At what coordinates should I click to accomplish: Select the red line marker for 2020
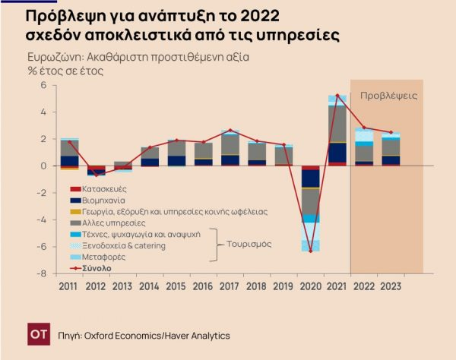pyautogui.click(x=310, y=251)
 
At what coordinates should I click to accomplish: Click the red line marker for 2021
pyautogui.click(x=337, y=96)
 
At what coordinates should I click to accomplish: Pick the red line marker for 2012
pyautogui.click(x=97, y=175)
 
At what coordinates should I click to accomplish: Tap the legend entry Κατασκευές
pyautogui.click(x=103, y=188)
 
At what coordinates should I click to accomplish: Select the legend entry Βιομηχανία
pyautogui.click(x=103, y=200)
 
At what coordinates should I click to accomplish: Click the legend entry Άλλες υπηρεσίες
pyautogui.click(x=107, y=223)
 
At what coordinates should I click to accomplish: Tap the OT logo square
pyautogui.click(x=37, y=334)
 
